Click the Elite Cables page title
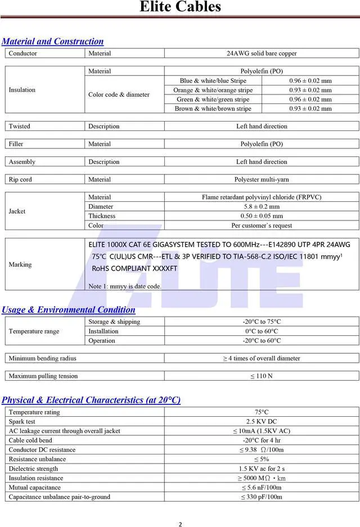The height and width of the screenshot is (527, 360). point(180,7)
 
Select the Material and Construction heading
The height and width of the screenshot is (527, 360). point(53,41)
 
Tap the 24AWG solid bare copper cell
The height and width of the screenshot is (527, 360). point(262,53)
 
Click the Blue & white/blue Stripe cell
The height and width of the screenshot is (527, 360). point(213,80)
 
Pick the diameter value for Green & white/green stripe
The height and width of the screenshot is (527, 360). point(310,99)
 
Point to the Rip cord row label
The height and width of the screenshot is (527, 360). point(20,179)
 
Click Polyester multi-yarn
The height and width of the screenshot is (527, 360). point(262,179)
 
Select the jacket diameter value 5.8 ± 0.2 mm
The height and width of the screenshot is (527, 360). point(262,206)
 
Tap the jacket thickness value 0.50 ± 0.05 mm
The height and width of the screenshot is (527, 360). point(262,216)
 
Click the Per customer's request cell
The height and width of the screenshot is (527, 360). point(262,226)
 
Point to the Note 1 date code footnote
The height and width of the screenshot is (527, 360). point(125,286)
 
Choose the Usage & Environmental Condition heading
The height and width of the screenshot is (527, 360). point(69,309)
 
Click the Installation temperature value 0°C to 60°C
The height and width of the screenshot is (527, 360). point(262,331)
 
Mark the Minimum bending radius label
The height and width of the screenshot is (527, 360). point(42,358)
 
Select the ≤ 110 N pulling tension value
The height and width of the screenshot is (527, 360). point(262,376)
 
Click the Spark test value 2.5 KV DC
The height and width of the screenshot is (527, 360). point(262,421)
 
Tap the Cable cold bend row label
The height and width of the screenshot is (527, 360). point(30,440)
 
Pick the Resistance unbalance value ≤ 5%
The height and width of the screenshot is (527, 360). point(262,459)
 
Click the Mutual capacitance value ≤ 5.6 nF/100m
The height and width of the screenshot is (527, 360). point(262,488)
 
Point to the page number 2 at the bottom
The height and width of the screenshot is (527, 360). point(180,525)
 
